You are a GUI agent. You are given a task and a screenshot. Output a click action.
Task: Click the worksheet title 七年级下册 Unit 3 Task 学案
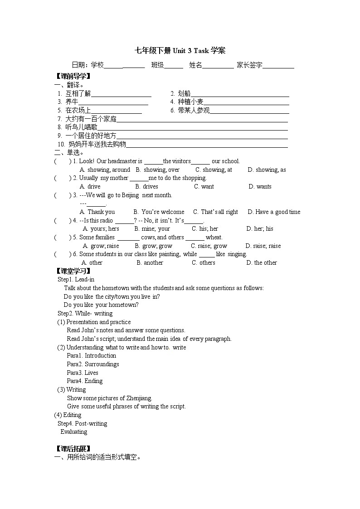180,51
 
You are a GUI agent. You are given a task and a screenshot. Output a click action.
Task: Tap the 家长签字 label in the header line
249,65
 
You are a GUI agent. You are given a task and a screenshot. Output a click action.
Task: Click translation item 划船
181,94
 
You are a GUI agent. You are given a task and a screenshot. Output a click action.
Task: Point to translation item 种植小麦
187,102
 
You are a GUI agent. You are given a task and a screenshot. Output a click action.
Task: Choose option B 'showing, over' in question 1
158,170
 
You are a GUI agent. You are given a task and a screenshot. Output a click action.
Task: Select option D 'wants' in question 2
260,187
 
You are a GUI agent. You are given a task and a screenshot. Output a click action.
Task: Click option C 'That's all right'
216,212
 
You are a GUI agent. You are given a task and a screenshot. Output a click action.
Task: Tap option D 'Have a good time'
274,212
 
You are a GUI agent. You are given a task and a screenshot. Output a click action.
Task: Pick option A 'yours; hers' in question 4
101,229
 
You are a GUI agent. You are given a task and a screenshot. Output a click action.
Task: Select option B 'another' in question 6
150,263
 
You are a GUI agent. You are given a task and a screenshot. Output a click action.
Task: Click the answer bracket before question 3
63,195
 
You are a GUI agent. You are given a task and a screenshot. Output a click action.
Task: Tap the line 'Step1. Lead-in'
76,280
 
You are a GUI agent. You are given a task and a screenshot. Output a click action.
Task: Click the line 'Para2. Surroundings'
93,364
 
